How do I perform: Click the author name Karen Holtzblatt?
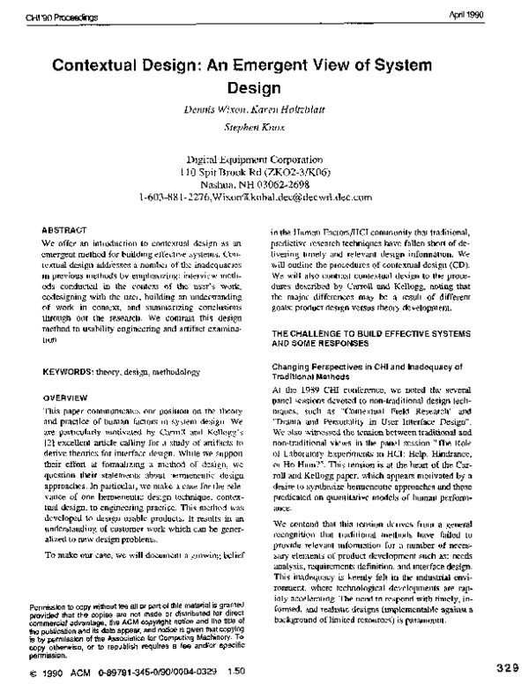[x=294, y=114]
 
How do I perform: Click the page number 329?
[x=510, y=665]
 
